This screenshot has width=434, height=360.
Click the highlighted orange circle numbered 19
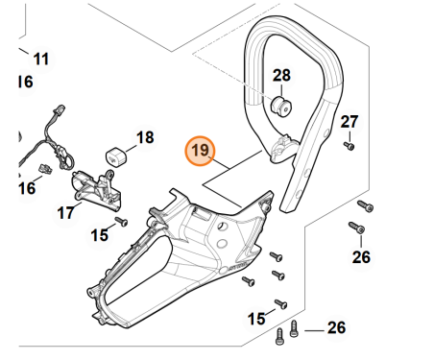pos(200,151)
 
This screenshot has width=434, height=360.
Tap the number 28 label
pos(281,76)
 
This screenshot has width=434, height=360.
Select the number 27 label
pos(349,122)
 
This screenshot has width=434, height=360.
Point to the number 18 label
pos(145,137)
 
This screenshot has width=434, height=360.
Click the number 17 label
pos(65,213)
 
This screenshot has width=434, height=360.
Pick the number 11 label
pos(41,60)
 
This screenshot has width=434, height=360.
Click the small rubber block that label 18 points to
pos(116,156)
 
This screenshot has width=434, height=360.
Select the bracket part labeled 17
pos(96,191)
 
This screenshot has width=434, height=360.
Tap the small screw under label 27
pos(350,146)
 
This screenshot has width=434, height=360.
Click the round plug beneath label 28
pos(281,107)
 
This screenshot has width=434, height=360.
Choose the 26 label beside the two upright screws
pos(336,328)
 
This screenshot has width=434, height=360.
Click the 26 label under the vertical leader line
pos(361,257)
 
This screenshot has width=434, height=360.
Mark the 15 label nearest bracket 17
pos(100,235)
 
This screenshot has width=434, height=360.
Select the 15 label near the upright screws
pos(256,319)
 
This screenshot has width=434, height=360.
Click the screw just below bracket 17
pos(121,221)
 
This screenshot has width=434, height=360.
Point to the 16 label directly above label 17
pos(27,188)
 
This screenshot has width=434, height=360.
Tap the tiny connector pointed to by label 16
pos(46,169)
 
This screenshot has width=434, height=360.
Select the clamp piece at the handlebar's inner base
pos(283,148)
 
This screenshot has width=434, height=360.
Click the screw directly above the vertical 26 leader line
pos(357,228)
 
